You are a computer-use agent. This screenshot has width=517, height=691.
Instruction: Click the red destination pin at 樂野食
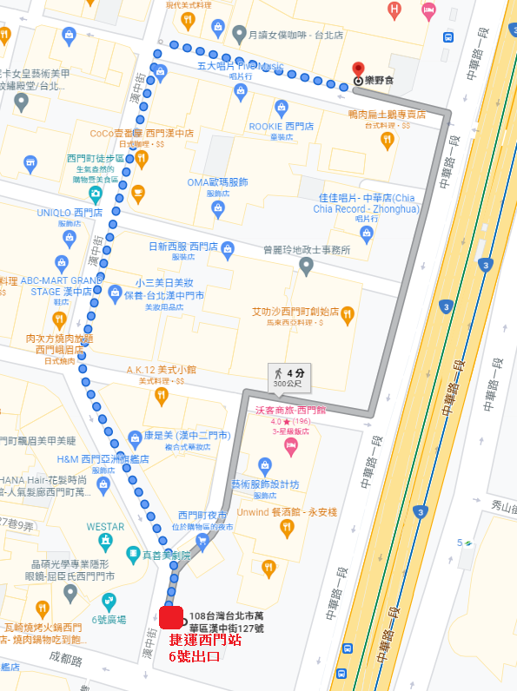pyautogui.click(x=358, y=71)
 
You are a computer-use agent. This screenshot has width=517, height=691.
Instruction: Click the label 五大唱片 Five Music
pyautogui.click(x=240, y=66)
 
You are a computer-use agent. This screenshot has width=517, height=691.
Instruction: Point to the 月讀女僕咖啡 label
pyautogui.click(x=283, y=36)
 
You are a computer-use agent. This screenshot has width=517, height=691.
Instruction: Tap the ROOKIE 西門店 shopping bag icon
pyautogui.click(x=281, y=109)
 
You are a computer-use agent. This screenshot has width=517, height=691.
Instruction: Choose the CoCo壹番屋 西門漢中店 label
pyautogui.click(x=142, y=134)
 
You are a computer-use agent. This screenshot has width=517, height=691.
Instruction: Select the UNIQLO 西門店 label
pyautogui.click(x=70, y=213)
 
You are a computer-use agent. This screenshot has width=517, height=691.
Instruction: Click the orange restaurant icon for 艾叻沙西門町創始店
pyautogui.click(x=348, y=315)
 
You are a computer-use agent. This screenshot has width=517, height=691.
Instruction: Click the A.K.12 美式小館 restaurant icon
pyautogui.click(x=161, y=397)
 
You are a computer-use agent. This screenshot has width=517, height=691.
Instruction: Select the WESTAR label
pyautogui.click(x=105, y=526)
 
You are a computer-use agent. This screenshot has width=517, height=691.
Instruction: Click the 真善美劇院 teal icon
pyautogui.click(x=132, y=553)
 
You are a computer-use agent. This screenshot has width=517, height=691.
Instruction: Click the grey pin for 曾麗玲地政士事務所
pyautogui.click(x=306, y=266)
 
